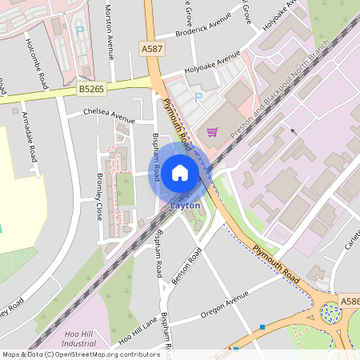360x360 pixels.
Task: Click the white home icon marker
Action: (x=180, y=172)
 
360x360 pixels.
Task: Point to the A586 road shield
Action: (x=349, y=301)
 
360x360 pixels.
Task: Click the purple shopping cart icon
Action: (x=212, y=132)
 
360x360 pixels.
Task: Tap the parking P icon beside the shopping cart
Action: (x=199, y=98)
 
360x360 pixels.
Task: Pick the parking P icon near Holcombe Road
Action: (x=79, y=31)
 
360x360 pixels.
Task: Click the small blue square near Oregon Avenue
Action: (x=262, y=326)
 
